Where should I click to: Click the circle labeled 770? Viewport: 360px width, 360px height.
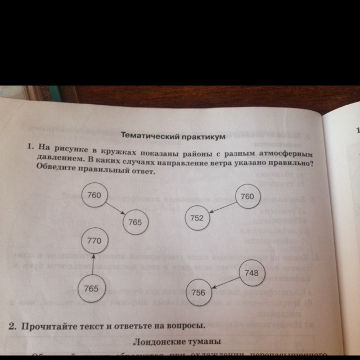[94, 241]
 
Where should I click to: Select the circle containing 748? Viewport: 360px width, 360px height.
[251, 273]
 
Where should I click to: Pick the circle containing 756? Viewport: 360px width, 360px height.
[199, 292]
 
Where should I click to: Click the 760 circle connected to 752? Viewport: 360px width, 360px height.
[247, 197]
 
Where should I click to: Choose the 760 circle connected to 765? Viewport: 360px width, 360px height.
[94, 196]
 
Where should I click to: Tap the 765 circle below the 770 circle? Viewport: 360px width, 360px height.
[91, 289]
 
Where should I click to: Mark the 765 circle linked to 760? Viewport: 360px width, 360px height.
[135, 222]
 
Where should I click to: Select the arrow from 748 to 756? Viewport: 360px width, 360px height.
[225, 283]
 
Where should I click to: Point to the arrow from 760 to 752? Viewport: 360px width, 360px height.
[222, 208]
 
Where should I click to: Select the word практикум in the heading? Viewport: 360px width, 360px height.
[201, 137]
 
